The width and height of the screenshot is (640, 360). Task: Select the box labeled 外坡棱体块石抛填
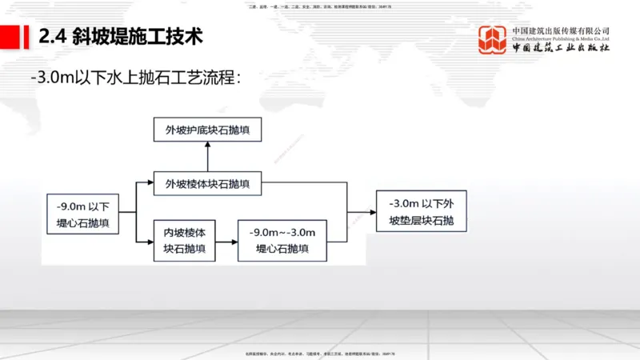click(207, 184)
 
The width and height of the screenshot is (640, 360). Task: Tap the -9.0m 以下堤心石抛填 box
click(83, 212)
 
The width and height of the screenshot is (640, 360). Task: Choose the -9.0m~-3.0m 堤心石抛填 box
click(283, 240)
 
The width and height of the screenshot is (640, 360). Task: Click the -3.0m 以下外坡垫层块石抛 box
click(421, 212)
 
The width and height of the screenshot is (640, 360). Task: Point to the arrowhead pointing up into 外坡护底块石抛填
click(207, 145)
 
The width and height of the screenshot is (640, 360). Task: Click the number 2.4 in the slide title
click(52, 36)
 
